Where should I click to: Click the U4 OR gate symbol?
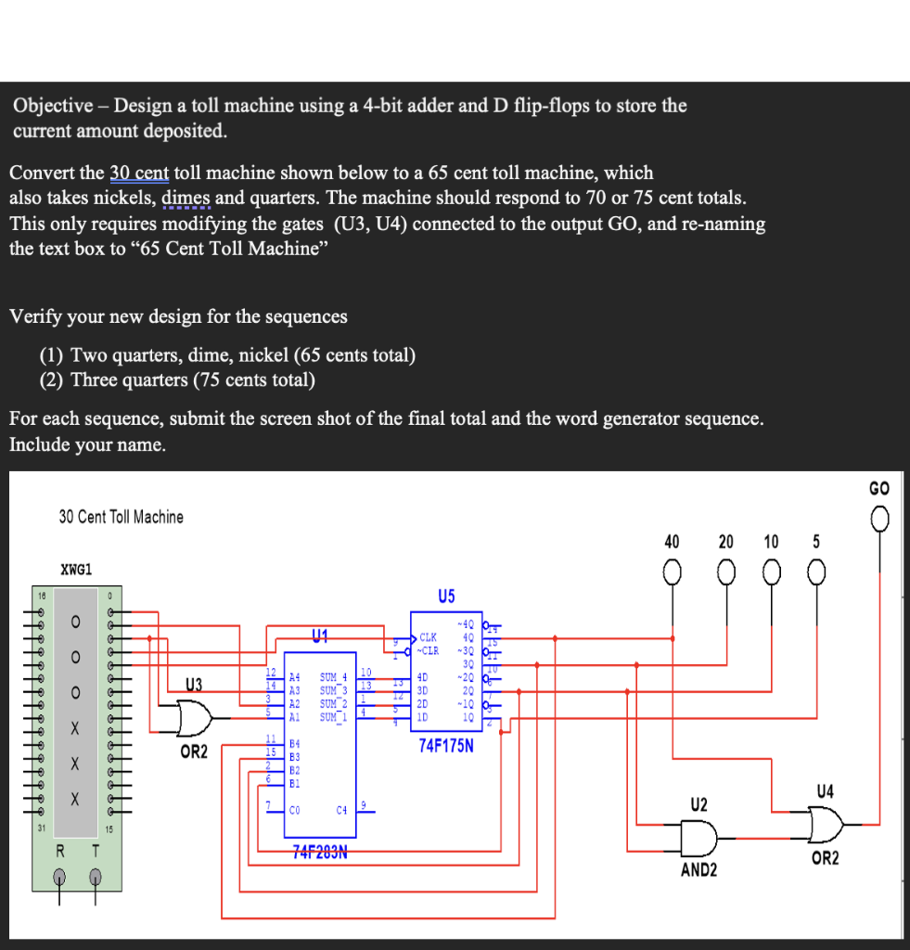click(x=825, y=823)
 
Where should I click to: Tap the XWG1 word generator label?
click(x=76, y=569)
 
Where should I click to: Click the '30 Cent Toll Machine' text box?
click(x=122, y=517)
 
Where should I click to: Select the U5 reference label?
click(x=446, y=596)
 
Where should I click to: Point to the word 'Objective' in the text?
click(x=51, y=105)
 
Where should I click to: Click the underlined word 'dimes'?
click(x=186, y=198)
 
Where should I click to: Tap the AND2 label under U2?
click(x=698, y=870)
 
